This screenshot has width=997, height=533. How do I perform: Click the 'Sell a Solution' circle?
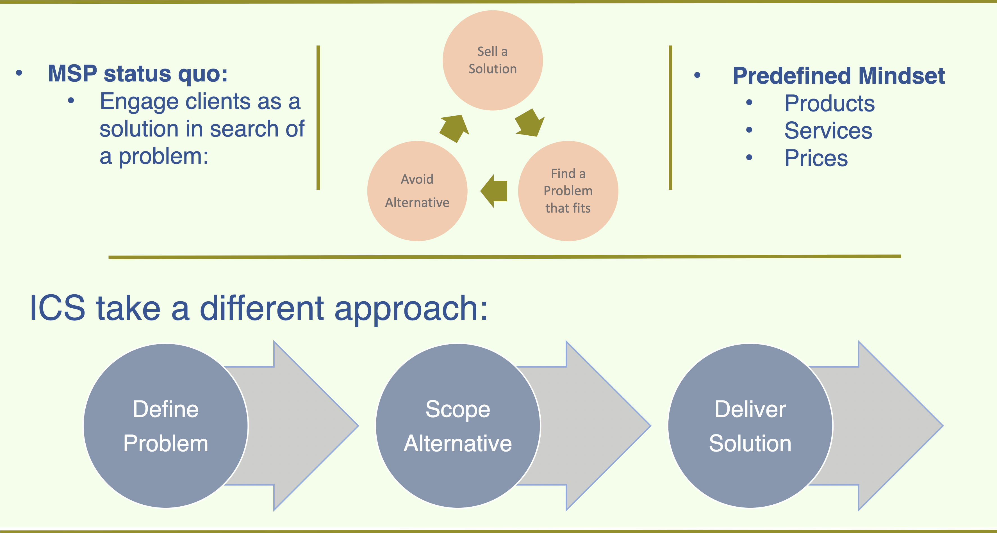[x=492, y=60]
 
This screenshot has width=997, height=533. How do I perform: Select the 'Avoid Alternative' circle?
[x=417, y=191]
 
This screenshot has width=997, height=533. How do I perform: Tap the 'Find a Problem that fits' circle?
[x=568, y=191]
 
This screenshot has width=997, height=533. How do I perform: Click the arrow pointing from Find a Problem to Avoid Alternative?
[x=495, y=191]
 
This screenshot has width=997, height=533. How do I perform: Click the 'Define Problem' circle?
[x=166, y=426]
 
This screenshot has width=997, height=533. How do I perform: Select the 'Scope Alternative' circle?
[x=458, y=426]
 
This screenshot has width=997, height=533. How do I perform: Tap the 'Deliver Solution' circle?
[x=750, y=426]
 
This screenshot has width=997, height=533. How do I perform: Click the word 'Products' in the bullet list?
[x=829, y=104]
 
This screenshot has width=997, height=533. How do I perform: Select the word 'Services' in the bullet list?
[x=828, y=131]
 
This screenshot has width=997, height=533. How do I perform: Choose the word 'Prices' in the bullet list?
[x=816, y=158]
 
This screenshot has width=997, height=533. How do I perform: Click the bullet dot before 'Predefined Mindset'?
[x=697, y=76]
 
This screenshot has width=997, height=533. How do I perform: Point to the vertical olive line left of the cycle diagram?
[x=318, y=118]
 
